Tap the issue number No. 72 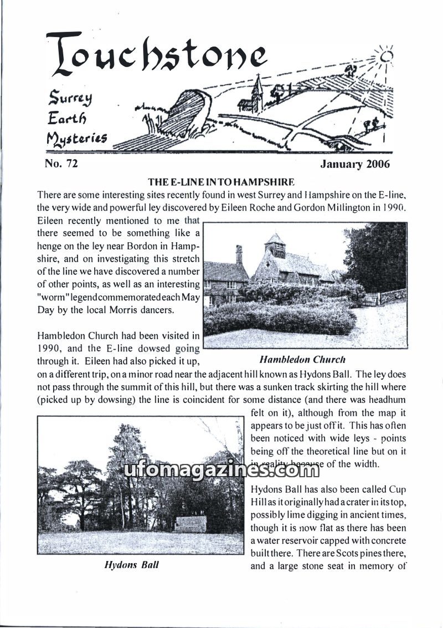(x=61, y=164)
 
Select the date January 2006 (x=355, y=164)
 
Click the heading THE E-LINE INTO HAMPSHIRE (x=220, y=182)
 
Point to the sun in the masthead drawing (x=385, y=56)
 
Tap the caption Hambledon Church (x=302, y=359)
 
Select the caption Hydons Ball (x=132, y=566)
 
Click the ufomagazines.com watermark (x=221, y=471)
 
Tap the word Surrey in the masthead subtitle (x=70, y=99)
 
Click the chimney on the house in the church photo (x=239, y=254)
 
